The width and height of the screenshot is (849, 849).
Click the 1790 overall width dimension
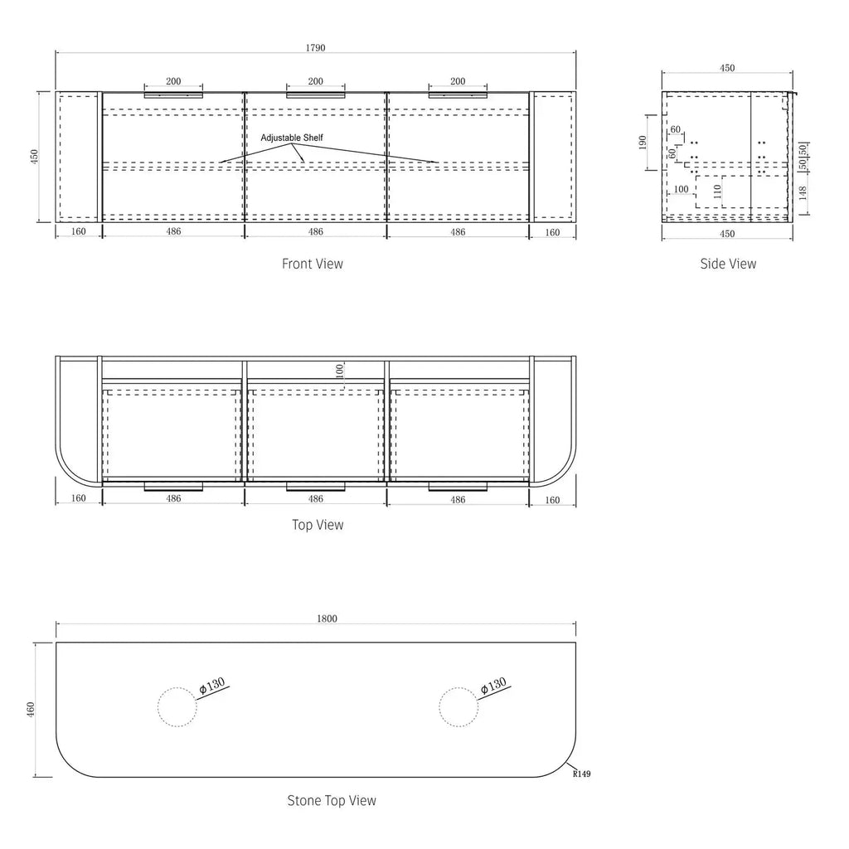316,47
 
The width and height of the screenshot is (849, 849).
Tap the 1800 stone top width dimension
327,619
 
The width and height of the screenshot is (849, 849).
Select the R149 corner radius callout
581,774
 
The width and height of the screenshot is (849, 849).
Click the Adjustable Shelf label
292,138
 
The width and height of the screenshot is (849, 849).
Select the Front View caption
313,264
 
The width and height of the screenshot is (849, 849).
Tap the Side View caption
728,264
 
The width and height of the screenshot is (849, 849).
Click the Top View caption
318,525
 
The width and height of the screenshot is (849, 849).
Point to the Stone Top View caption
332,800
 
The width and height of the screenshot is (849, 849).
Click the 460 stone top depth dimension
31,710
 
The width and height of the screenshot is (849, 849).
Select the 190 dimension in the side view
643,143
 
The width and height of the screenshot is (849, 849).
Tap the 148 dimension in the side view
803,192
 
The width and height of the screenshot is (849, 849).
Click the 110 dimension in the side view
717,192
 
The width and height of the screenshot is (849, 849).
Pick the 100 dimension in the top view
339,371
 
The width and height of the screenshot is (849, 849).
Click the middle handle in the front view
316,96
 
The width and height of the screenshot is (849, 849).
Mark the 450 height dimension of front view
35,157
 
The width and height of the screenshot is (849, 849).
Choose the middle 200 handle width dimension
316,81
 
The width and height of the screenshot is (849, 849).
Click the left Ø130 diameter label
211,686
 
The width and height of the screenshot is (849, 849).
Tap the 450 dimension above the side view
727,68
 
